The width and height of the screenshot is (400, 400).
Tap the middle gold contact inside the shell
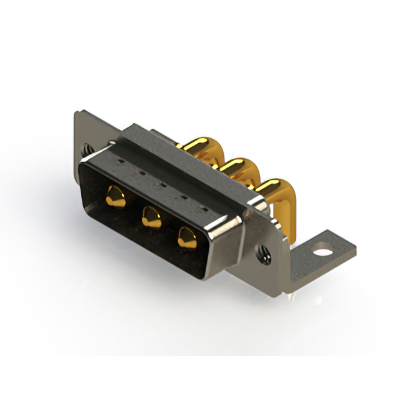click(x=150, y=217)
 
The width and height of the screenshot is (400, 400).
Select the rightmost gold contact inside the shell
click(x=186, y=237)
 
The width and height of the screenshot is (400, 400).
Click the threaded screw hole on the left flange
click(x=86, y=149)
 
